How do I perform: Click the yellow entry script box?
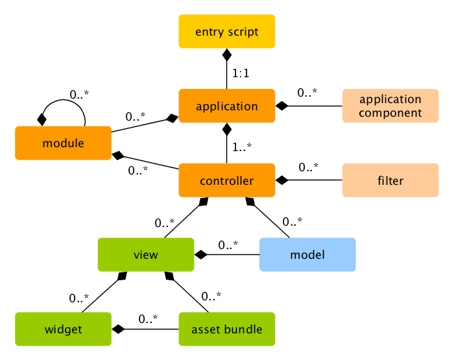227,31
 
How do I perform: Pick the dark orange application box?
227,106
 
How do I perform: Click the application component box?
390,106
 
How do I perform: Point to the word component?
390,113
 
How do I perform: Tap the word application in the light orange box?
390,99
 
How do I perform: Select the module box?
63,143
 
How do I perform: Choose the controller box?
227,180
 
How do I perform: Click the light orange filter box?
390,180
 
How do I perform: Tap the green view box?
145,254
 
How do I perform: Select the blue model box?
307,254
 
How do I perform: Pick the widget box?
63,329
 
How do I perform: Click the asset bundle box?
227,329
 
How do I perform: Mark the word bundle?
241,330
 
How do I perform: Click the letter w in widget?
49,330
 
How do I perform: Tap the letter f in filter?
379,180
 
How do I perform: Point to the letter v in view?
136,256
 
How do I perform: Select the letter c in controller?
203,182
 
